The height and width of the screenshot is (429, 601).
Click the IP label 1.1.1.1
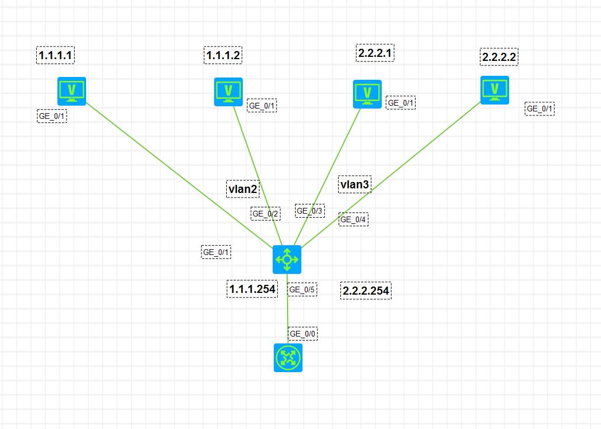(55, 55)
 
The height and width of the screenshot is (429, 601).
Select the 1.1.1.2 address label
(223, 55)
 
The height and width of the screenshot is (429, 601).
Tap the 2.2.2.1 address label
(375, 53)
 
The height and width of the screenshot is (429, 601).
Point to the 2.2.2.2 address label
(499, 57)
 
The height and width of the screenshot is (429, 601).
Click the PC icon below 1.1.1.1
(72, 91)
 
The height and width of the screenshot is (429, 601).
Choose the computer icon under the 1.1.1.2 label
(228, 92)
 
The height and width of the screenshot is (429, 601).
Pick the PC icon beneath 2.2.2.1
(367, 94)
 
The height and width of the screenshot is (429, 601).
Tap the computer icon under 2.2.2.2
(495, 90)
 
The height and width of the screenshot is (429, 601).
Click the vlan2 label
(243, 189)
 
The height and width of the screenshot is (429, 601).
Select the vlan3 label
(355, 184)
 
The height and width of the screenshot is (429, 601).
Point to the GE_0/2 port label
(266, 214)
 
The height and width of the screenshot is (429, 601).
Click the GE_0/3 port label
(310, 211)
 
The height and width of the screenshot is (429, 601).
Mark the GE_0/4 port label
(354, 219)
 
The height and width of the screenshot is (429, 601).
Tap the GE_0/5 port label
(302, 289)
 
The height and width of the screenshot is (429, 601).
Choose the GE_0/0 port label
(303, 334)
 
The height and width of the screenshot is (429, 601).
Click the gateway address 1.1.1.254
(252, 289)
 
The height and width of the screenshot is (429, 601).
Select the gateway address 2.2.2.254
(366, 291)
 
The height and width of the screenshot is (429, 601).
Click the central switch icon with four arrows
(287, 260)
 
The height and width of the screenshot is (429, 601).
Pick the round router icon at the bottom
(288, 358)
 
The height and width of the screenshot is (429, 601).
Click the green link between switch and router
(288, 308)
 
